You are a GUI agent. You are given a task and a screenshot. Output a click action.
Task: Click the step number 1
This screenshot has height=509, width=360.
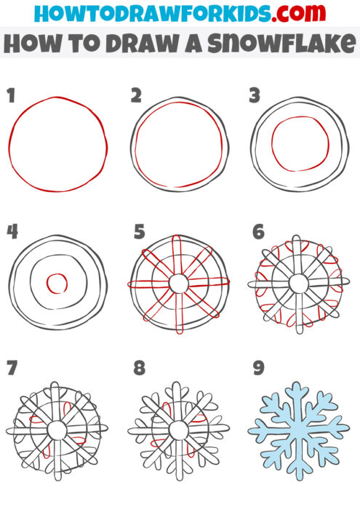11,95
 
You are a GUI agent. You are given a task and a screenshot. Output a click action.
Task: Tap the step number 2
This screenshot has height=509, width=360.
136,95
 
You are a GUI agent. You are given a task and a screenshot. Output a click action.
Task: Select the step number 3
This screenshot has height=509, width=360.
255,95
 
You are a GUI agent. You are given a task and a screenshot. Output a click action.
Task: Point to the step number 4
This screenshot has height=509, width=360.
12,231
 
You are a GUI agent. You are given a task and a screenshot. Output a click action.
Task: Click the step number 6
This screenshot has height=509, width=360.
258,232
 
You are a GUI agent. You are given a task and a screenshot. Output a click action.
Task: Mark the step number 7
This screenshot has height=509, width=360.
11,368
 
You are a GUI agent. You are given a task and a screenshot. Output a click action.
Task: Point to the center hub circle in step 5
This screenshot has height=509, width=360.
179,282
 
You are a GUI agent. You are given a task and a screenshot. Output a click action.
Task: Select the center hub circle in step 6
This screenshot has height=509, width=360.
298,282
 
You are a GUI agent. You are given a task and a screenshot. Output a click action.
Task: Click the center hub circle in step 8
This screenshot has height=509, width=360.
178,430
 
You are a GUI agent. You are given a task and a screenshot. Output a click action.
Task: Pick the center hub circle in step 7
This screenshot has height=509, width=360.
57,430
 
